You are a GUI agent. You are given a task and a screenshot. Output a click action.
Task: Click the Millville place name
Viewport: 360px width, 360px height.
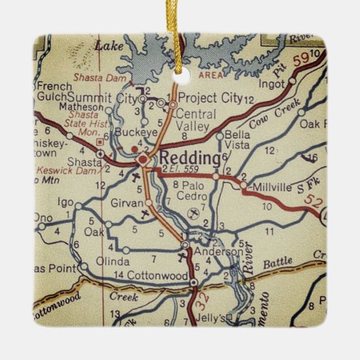tap(272, 185)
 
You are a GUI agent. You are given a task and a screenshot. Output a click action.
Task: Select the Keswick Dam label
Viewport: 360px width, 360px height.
tap(56, 170)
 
